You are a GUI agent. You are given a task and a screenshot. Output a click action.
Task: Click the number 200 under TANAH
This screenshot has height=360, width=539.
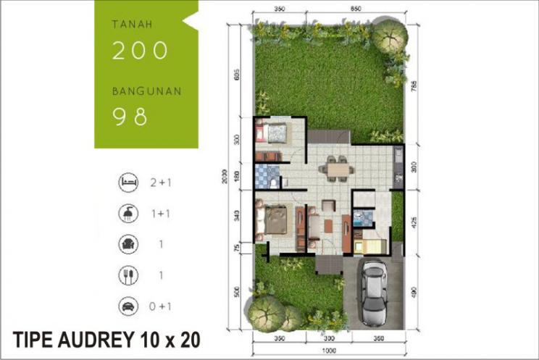coord(141,50)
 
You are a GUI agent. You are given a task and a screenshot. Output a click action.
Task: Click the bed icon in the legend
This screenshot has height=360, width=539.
coord(128,183)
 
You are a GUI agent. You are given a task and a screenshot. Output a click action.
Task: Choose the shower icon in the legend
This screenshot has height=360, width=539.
coord(128,214)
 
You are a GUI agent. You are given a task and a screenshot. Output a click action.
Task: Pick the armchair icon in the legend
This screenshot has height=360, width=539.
coord(128,245)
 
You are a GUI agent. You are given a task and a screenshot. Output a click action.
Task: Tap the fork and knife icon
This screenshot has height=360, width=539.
coord(128,275)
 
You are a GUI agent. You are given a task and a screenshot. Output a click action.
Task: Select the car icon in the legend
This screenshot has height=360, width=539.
coord(128,306)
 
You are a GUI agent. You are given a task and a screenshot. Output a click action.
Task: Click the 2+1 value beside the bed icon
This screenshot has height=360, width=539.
coord(160,183)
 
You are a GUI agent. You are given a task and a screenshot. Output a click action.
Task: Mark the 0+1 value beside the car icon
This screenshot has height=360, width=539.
coord(160,306)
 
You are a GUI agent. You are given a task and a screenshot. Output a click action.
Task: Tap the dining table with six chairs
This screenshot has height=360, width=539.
coord(336,169)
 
